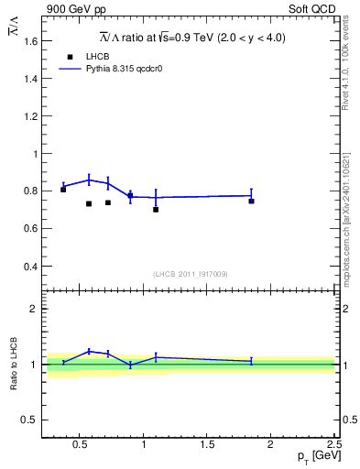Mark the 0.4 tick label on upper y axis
coord(30,267)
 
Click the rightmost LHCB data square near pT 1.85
coord(251,201)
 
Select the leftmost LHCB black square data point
coord(63,189)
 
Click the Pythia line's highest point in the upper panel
coord(89,180)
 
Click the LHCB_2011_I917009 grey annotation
coord(190,274)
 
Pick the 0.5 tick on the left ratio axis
coord(30,420)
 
